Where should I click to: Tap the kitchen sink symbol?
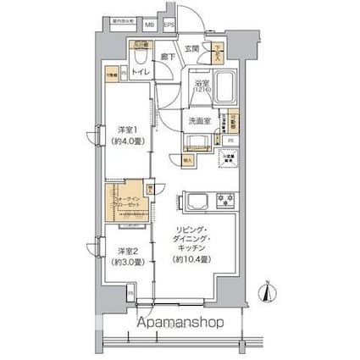193,202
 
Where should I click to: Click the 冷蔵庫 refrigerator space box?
227,158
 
